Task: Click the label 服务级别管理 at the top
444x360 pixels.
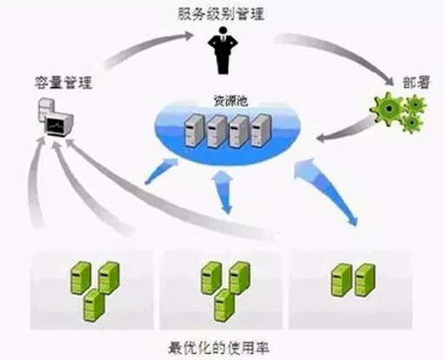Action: pyautogui.click(x=220, y=14)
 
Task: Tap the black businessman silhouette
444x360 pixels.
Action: pyautogui.click(x=223, y=50)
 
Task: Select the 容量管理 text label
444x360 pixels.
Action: pyautogui.click(x=63, y=82)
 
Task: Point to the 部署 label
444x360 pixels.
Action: pyautogui.click(x=416, y=82)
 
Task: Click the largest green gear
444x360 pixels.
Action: pyautogui.click(x=388, y=108)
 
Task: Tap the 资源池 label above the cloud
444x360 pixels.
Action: pyautogui.click(x=231, y=101)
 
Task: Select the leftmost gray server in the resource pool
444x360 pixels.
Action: pyautogui.click(x=194, y=131)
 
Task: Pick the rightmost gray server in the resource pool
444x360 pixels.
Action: pyautogui.click(x=261, y=130)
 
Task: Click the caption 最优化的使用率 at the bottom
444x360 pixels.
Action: pyautogui.click(x=219, y=347)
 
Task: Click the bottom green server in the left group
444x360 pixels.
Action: pyautogui.click(x=94, y=304)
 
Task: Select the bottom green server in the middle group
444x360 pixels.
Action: pyautogui.click(x=225, y=304)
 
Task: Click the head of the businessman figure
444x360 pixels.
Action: pyautogui.click(x=223, y=30)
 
